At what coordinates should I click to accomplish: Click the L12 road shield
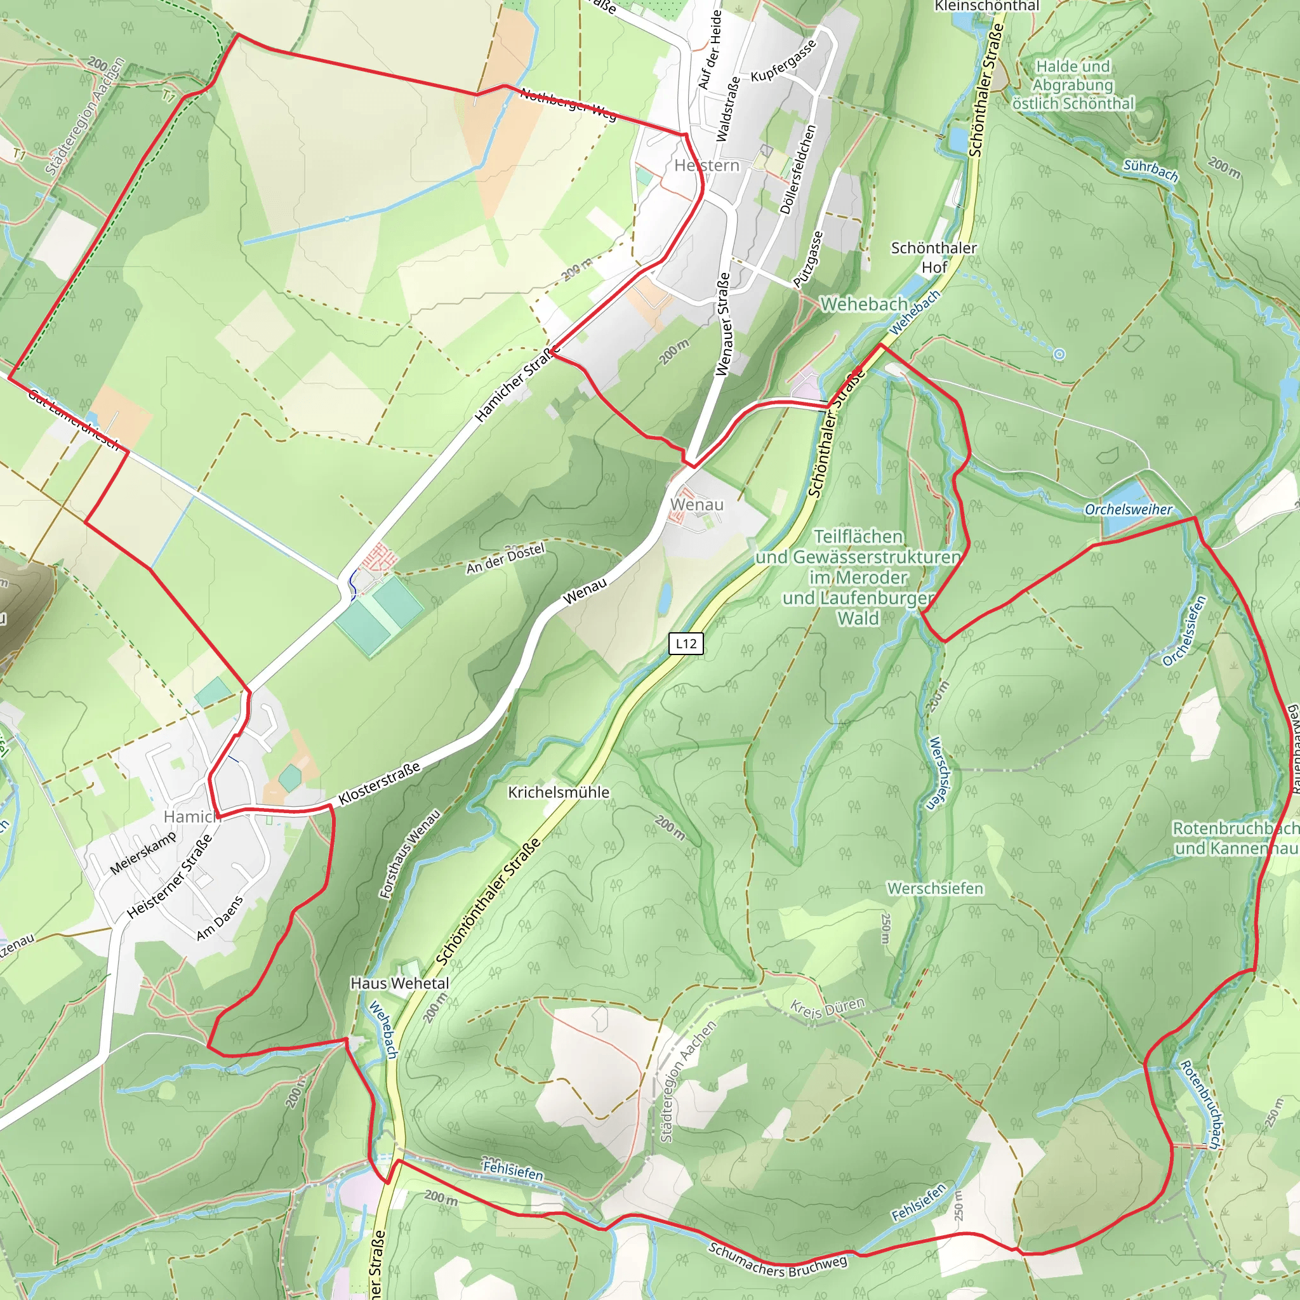[x=686, y=643]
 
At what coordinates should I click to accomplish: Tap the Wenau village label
[x=696, y=504]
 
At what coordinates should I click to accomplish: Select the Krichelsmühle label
[x=559, y=792]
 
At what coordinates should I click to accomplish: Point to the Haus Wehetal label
[x=400, y=983]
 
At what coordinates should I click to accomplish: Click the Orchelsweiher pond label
[x=1128, y=509]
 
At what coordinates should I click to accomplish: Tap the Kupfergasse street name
[x=783, y=60]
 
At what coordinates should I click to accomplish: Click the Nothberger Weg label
[x=568, y=104]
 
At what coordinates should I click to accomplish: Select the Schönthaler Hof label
[x=934, y=257]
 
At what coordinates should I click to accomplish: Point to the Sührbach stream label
[x=1151, y=170]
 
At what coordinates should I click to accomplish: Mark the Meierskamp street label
[x=143, y=852]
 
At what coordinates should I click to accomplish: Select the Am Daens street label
[x=220, y=919]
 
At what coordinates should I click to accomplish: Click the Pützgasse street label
[x=808, y=259]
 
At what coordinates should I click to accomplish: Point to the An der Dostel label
[x=505, y=559]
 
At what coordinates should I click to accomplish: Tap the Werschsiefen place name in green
[x=934, y=888]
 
